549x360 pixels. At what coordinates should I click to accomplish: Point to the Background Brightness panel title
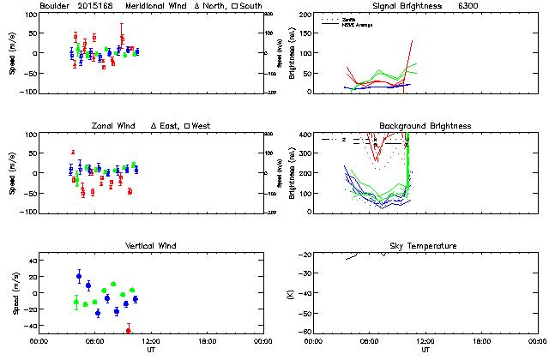tap(425, 126)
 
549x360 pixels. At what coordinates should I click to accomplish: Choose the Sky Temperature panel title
tap(425, 246)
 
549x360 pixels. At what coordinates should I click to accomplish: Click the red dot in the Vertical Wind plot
tap(129, 330)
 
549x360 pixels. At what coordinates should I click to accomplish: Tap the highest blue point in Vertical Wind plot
tap(79, 276)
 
